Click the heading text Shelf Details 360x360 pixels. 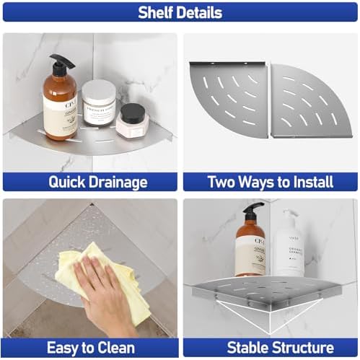click(180, 12)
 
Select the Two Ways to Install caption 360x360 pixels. click(271, 182)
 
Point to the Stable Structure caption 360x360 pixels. click(271, 348)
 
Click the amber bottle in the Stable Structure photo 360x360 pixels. click(250, 249)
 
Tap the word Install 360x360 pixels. click(310, 182)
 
